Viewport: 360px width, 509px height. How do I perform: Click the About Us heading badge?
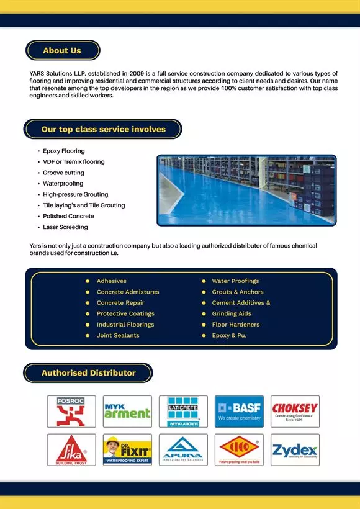pos(62,50)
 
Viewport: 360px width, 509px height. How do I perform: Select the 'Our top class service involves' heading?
pos(103,129)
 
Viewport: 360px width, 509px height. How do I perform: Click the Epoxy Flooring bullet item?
pos(63,151)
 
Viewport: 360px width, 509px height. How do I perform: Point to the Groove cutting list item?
pos(63,173)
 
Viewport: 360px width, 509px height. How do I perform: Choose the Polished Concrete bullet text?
pos(68,216)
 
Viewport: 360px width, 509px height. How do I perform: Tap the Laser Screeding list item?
pos(65,227)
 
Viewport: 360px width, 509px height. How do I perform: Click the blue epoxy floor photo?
pos(246,190)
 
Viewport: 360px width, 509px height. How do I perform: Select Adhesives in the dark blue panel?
pos(111,281)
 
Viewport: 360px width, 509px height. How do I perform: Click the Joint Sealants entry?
pos(118,335)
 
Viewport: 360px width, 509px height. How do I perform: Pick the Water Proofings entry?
pos(235,281)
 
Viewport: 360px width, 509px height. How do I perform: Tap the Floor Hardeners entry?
pos(236,325)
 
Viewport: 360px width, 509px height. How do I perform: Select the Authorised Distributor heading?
pos(88,373)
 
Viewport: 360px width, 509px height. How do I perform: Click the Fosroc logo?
pos(71,412)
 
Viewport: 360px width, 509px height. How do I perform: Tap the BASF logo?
pos(239,412)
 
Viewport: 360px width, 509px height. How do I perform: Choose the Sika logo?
pos(71,450)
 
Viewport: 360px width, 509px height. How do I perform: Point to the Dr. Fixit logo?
pos(127,450)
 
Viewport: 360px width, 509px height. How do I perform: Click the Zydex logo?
pos(295,450)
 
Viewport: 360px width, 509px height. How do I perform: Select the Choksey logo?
pos(295,412)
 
